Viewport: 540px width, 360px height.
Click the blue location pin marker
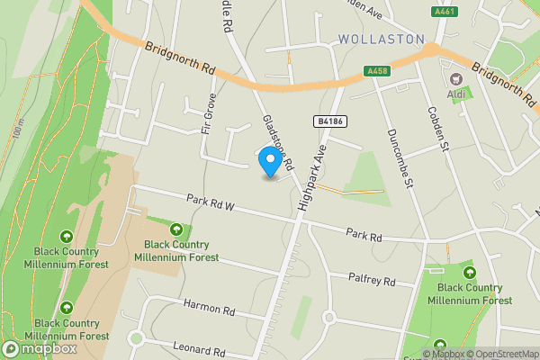(268, 160)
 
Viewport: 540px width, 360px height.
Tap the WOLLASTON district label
(382, 40)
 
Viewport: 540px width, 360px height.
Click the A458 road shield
(376, 71)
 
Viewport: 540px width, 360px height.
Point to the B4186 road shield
(330, 121)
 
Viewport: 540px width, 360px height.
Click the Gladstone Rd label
(278, 142)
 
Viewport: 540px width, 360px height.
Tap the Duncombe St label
(399, 158)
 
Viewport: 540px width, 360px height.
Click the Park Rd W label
(211, 202)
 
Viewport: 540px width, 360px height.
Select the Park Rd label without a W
(364, 236)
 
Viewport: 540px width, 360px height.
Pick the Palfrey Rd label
(372, 281)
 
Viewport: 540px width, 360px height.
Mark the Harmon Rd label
(209, 309)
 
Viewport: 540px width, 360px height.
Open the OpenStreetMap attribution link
(502, 354)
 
